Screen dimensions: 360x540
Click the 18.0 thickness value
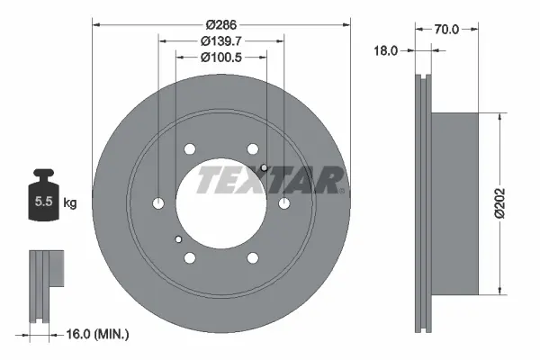(385, 51)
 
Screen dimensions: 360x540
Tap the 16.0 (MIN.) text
(99, 334)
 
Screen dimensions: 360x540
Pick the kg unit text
(69, 203)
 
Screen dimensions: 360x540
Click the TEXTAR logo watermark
(269, 180)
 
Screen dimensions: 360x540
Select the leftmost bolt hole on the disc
(158, 203)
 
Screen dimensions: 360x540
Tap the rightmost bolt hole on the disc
(283, 203)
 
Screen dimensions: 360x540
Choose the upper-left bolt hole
(190, 149)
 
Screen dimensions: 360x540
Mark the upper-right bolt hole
(252, 149)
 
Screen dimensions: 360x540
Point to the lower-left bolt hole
(190, 257)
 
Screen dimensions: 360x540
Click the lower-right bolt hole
(252, 257)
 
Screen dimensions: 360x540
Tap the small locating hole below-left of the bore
(178, 238)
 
